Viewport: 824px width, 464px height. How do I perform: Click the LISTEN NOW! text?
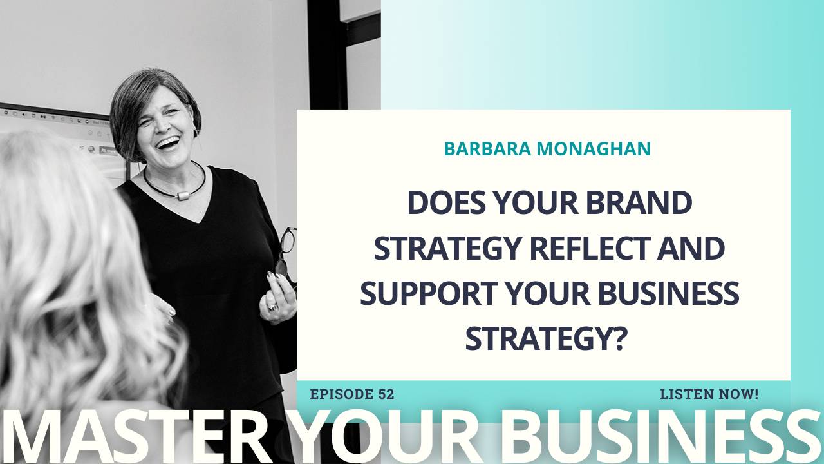tap(709, 394)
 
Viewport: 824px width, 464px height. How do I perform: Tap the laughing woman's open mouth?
tap(169, 141)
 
